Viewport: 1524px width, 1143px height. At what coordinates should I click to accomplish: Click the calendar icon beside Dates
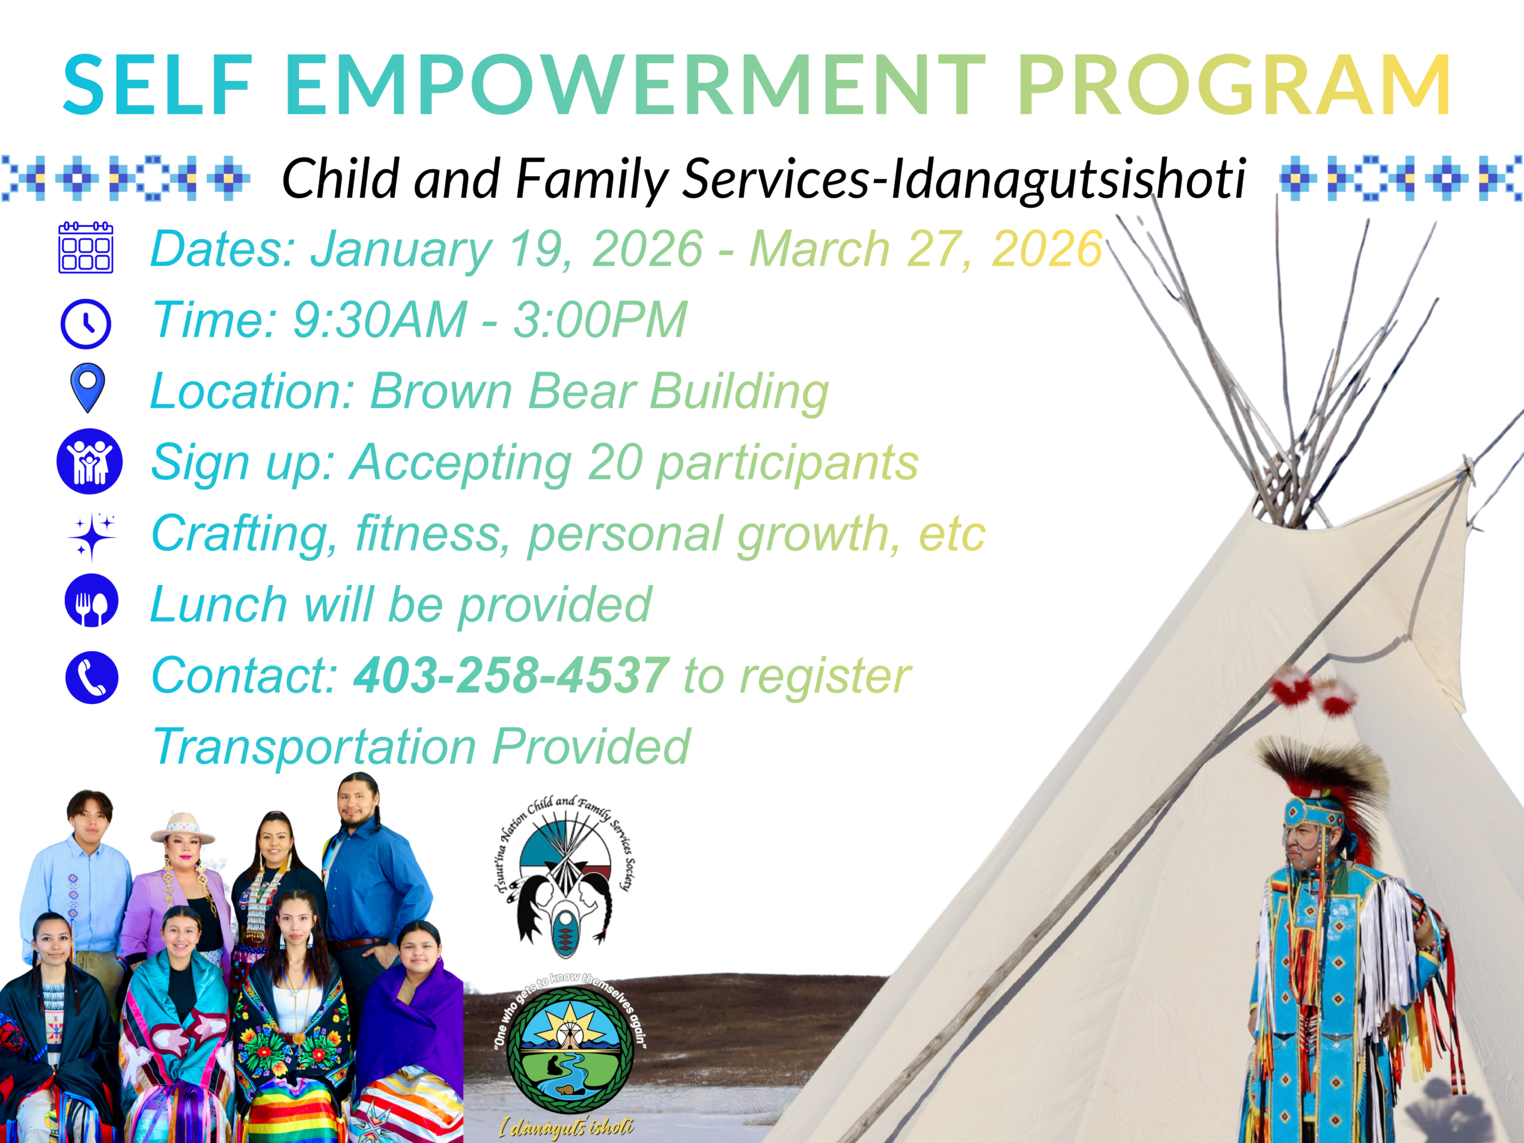tap(86, 248)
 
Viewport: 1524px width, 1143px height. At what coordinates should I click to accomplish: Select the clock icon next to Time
tap(86, 323)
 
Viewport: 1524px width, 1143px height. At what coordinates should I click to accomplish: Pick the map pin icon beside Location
tap(88, 388)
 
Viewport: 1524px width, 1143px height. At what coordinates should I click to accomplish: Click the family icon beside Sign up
tap(89, 461)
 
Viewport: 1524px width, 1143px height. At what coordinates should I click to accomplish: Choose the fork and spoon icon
tap(92, 600)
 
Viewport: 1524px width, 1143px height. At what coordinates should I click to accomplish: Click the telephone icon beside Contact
tap(92, 677)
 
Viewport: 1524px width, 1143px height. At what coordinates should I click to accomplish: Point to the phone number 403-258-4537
tap(511, 675)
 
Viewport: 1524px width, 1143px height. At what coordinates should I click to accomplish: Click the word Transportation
tap(314, 747)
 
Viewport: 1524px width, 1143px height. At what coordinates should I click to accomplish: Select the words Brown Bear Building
tap(599, 391)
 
